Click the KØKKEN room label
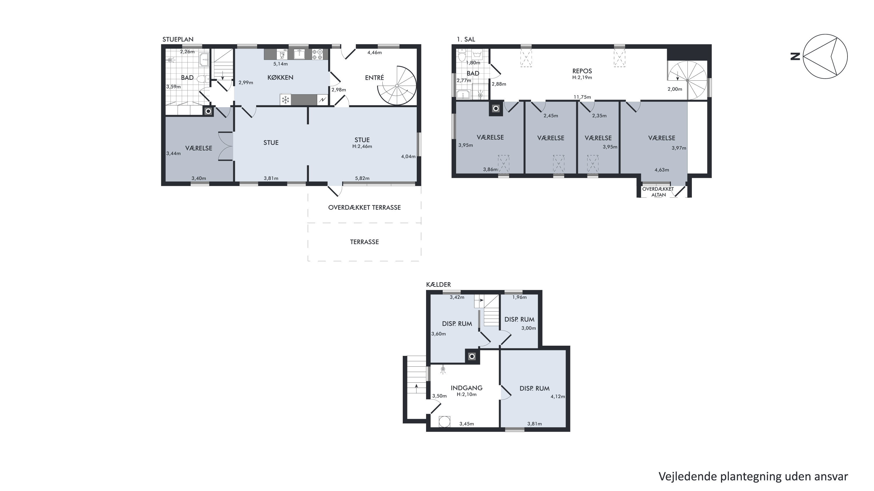[280, 77]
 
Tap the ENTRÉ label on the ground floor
[374, 78]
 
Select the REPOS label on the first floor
[582, 71]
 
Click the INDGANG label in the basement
[467, 388]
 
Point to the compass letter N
[795, 56]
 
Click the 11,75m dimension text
[582, 97]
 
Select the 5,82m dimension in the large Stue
[362, 178]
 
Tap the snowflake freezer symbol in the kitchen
[286, 100]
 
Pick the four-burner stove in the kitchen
[318, 54]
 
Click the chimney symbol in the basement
[472, 356]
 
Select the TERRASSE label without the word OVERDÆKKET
[364, 242]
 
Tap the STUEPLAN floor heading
[178, 39]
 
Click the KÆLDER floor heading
[438, 285]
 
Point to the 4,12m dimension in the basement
[558, 396]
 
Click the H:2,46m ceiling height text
[362, 146]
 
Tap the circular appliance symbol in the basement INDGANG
[444, 421]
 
